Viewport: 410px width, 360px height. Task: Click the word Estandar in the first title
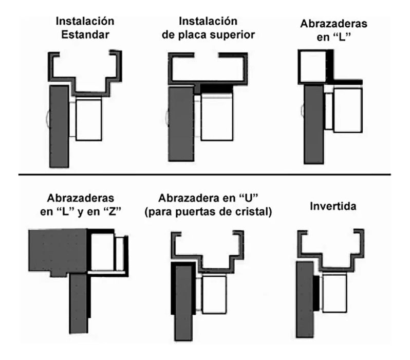pyautogui.click(x=85, y=35)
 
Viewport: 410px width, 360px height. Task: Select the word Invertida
pyautogui.click(x=333, y=206)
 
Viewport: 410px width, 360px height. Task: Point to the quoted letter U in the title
pyautogui.click(x=248, y=198)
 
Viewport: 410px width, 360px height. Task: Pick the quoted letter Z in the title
pyautogui.click(x=112, y=211)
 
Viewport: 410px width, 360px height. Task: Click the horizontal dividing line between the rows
pyautogui.click(x=204, y=174)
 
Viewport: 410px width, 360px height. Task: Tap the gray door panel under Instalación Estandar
pyautogui.click(x=59, y=126)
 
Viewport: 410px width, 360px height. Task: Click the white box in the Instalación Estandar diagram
pyautogui.click(x=89, y=119)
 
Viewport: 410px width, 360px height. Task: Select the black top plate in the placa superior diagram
pyautogui.click(x=216, y=88)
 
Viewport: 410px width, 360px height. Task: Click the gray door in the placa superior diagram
pyautogui.click(x=181, y=124)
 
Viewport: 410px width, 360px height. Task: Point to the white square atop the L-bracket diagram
pyautogui.click(x=313, y=66)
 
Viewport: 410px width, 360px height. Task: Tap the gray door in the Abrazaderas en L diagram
pyautogui.click(x=314, y=124)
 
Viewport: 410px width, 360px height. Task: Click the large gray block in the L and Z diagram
pyautogui.click(x=58, y=251)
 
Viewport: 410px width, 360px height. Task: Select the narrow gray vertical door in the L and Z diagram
pyautogui.click(x=78, y=304)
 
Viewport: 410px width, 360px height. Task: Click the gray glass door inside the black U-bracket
pyautogui.click(x=183, y=303)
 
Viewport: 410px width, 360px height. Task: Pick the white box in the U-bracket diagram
pyautogui.click(x=214, y=295)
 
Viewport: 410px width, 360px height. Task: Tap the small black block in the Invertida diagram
pyautogui.click(x=316, y=293)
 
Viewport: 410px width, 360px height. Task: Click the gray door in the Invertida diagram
pyautogui.click(x=305, y=300)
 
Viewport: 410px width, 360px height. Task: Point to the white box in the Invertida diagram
pyautogui.click(x=334, y=293)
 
